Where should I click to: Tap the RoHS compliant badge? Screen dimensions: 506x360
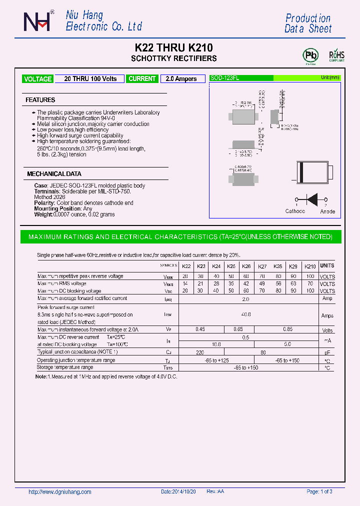pyautogui.click(x=336, y=55)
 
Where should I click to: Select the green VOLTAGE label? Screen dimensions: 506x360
pyautogui.click(x=37, y=79)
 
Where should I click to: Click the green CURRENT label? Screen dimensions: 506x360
pyautogui.click(x=142, y=79)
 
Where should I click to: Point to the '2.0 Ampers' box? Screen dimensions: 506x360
pyautogui.click(x=181, y=79)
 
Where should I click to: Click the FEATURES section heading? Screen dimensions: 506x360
pyautogui.click(x=40, y=100)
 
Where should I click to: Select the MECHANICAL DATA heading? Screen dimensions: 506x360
pyautogui.click(x=54, y=174)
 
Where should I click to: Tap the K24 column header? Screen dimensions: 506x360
pyautogui.click(x=216, y=266)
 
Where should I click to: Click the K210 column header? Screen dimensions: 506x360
pyautogui.click(x=310, y=266)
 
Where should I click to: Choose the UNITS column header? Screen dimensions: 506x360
pyautogui.click(x=327, y=266)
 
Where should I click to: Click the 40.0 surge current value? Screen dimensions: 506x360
pyautogui.click(x=245, y=314)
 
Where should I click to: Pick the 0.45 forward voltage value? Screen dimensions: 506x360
pyautogui.click(x=200, y=329)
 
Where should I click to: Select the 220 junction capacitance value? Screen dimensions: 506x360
pyautogui.click(x=200, y=352)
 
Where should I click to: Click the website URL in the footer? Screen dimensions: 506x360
pyautogui.click(x=60, y=492)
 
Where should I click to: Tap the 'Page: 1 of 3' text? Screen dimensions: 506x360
pyautogui.click(x=319, y=492)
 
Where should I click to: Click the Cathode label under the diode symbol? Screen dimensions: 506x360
pyautogui.click(x=295, y=211)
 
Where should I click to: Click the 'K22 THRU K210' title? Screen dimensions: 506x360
pyautogui.click(x=174, y=48)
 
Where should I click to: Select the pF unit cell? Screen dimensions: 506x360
pyautogui.click(x=327, y=352)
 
